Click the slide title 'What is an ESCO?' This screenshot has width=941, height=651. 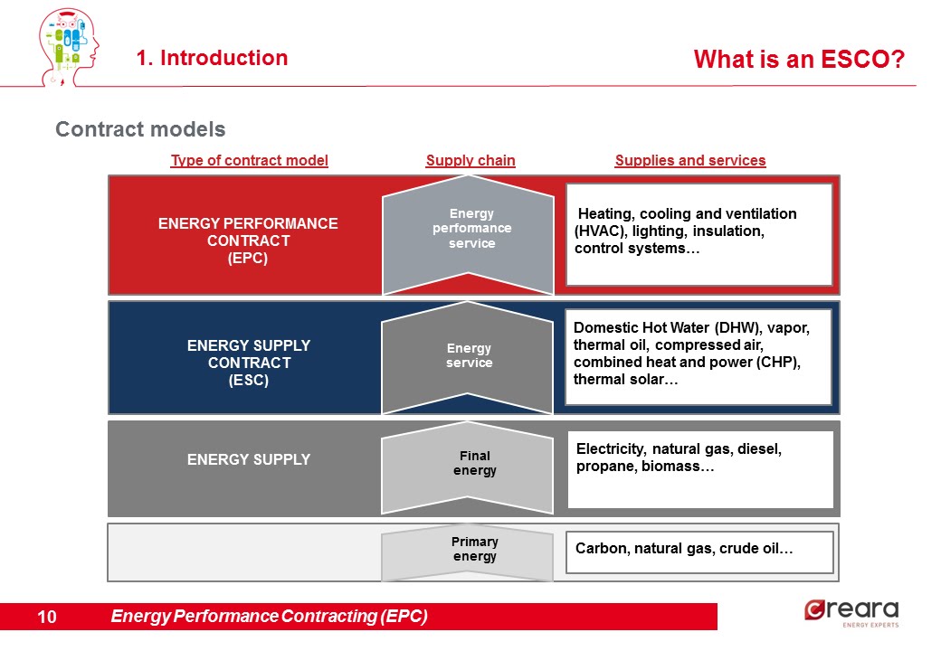coord(799,60)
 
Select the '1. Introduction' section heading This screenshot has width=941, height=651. coord(212,58)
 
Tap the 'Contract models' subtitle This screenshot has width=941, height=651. coord(140,129)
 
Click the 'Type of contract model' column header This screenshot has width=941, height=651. coord(249,161)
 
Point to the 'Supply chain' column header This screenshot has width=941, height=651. coord(470,161)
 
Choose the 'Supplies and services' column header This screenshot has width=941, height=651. coord(690,161)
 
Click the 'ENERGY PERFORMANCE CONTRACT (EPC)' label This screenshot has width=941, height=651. coord(248,241)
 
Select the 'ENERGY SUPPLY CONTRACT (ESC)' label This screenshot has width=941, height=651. coord(248,363)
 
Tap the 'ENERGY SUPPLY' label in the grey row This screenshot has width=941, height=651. coord(248,459)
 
